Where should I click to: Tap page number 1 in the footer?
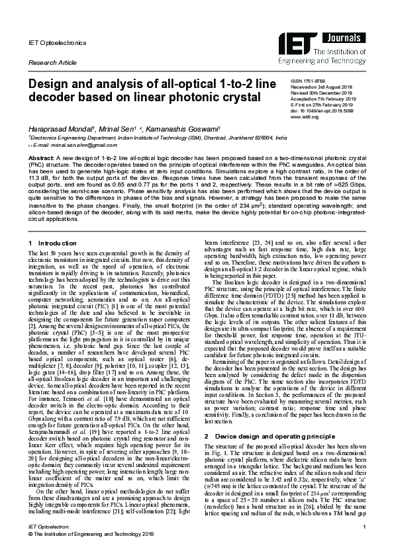[x=364, y=525]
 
